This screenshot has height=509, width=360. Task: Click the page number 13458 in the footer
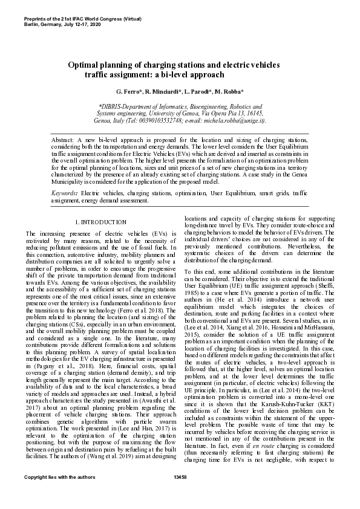click(x=180, y=494)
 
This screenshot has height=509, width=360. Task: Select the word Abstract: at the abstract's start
click(x=63, y=140)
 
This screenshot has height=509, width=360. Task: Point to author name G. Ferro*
click(x=129, y=91)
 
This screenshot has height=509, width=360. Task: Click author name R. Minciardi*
click(x=162, y=91)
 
